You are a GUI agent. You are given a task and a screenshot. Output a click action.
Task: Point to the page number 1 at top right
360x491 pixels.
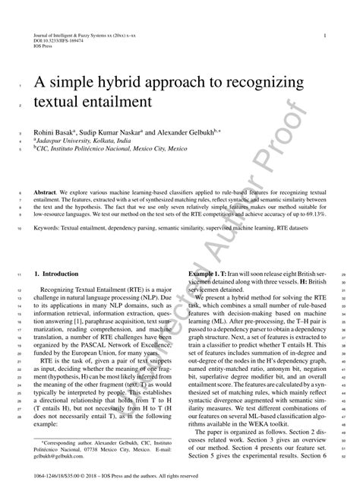(325, 36)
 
